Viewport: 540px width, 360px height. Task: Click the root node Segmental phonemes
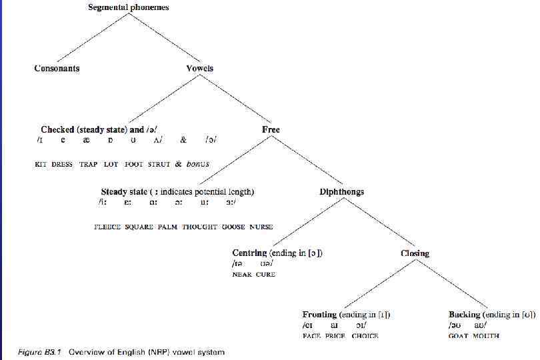(129, 7)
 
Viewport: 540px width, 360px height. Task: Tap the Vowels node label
(200, 68)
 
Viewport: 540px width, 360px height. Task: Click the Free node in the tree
(271, 129)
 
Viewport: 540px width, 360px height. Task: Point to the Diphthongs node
(342, 191)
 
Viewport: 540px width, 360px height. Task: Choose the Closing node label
(415, 253)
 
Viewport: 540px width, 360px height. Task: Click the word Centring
(249, 253)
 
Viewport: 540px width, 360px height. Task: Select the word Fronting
(319, 314)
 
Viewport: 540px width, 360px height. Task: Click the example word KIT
(41, 164)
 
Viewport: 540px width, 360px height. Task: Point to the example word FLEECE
(107, 227)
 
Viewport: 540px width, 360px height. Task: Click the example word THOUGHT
(200, 227)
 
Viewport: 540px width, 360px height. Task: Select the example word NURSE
(261, 227)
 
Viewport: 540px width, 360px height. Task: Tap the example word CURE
(266, 274)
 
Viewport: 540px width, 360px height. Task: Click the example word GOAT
(458, 336)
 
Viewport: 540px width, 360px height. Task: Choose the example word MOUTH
(486, 336)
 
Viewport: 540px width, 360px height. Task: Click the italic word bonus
(198, 164)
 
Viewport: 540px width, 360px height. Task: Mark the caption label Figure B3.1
(39, 351)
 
